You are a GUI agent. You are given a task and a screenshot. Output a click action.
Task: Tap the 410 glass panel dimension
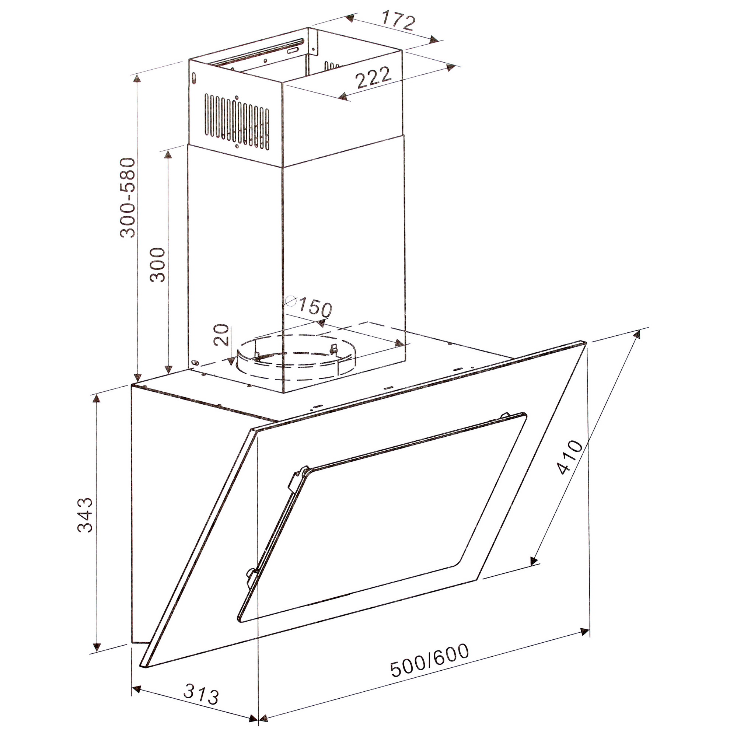click(570, 457)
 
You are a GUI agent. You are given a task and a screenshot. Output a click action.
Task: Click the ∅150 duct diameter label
click(308, 306)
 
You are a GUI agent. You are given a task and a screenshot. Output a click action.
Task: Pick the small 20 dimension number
click(221, 335)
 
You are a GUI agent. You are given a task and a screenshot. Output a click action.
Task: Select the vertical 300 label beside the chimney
click(158, 265)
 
